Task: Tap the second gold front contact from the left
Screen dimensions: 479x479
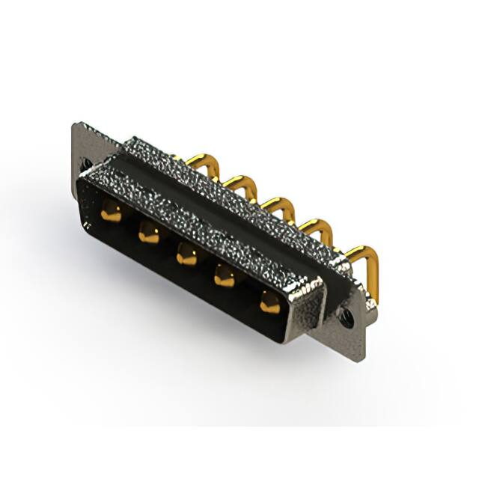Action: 148,235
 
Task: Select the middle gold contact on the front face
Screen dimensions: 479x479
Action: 186,257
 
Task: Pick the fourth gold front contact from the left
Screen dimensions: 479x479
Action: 225,278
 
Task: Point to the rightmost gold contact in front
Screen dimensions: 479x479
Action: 269,302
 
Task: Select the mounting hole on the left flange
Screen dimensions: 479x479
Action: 86,162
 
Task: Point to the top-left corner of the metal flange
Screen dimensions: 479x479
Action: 75,124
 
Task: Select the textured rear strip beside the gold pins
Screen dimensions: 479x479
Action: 247,202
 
